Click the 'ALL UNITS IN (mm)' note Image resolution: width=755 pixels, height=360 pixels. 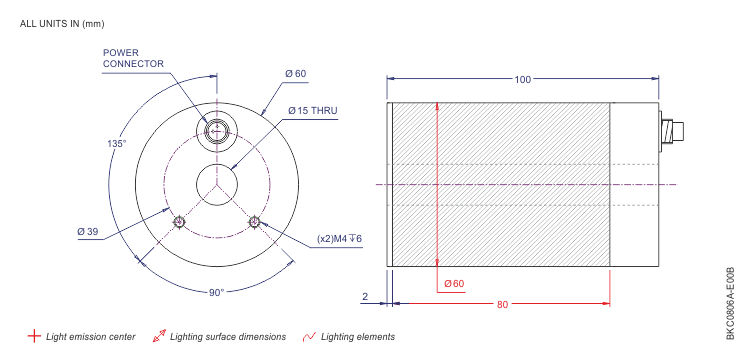(62, 23)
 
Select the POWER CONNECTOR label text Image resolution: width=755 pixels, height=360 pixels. (133, 58)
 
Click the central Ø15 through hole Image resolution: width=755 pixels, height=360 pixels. (216, 183)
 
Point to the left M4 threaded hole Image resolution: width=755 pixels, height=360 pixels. (179, 221)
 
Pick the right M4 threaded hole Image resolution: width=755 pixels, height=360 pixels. (254, 221)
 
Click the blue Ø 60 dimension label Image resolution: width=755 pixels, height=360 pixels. (295, 74)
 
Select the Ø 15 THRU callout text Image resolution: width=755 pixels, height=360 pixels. (312, 110)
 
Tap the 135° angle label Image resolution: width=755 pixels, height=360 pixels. (117, 144)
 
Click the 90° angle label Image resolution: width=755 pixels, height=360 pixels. (216, 292)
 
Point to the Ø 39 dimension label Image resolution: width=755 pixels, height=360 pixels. (88, 232)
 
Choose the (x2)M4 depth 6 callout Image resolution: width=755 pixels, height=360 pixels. (339, 239)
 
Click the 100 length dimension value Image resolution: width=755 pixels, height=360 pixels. (523, 79)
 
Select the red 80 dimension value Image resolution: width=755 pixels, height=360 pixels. (502, 304)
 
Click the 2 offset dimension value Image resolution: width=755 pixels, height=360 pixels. (365, 297)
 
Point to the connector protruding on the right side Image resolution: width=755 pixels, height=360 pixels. (671, 131)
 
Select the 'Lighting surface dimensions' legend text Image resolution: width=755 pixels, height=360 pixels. (228, 337)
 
